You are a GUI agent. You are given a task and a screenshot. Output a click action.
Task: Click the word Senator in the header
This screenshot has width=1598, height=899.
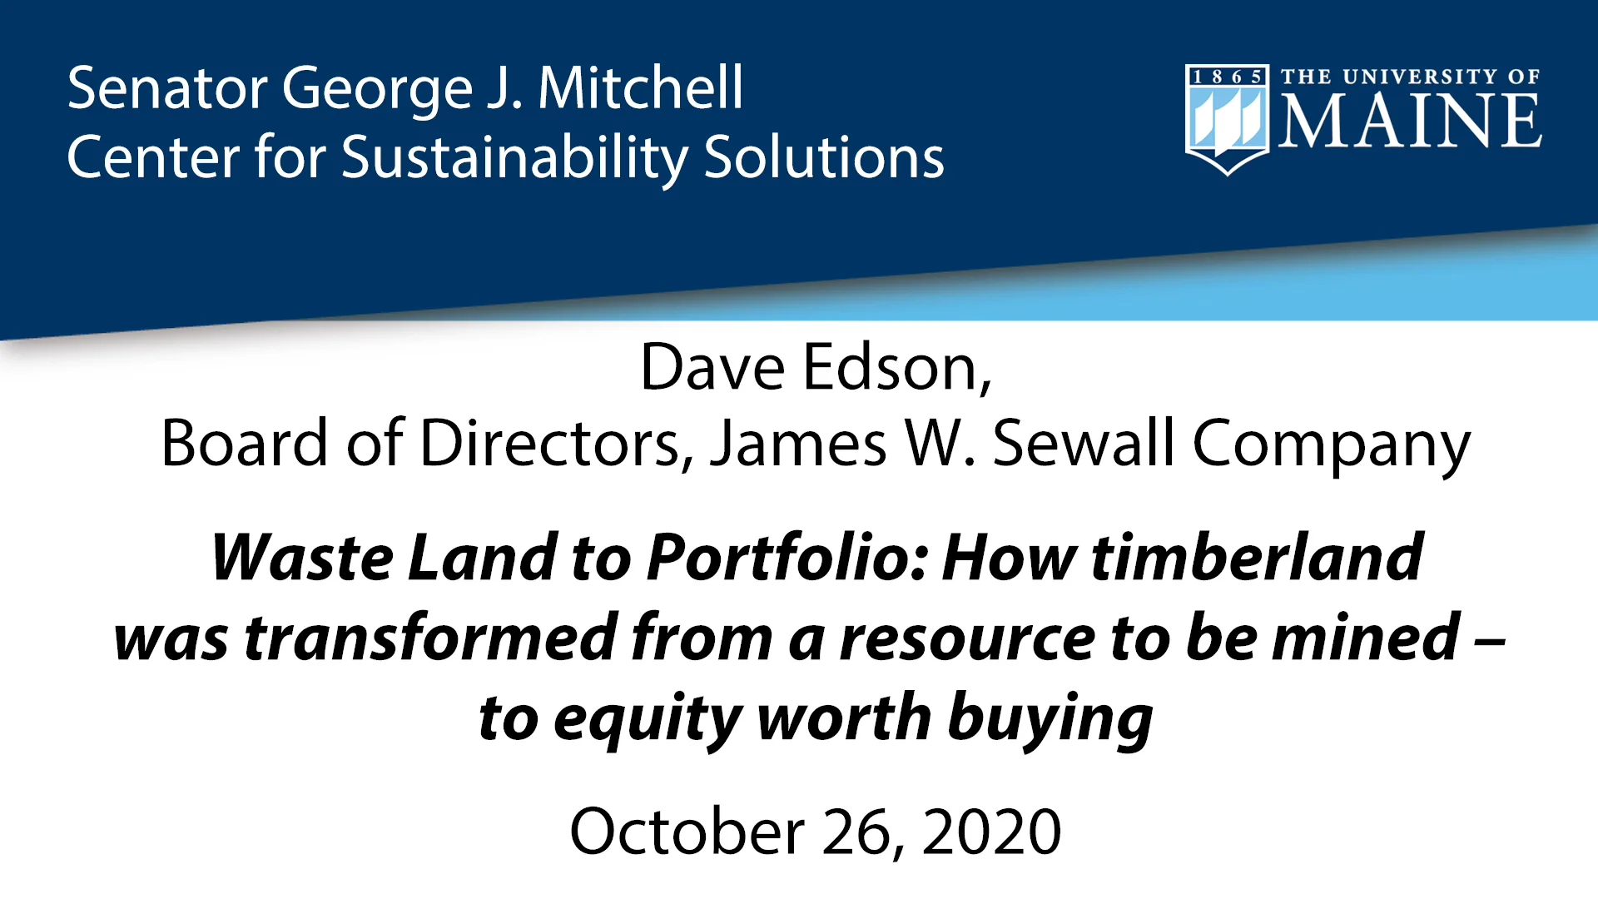click(166, 88)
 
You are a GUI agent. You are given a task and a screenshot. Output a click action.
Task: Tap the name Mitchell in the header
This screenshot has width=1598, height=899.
click(640, 88)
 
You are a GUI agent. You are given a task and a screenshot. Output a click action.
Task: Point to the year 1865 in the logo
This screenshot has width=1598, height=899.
click(1227, 77)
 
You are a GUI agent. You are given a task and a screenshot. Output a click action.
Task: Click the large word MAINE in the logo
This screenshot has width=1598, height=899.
click(1410, 122)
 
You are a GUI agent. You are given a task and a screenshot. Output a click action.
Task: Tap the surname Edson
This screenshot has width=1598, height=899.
click(898, 367)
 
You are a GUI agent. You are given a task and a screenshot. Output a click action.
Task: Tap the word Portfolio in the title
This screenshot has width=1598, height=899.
click(787, 558)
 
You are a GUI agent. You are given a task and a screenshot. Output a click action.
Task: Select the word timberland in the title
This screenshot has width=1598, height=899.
click(1257, 558)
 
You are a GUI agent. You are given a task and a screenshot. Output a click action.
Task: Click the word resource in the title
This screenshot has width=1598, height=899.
click(966, 638)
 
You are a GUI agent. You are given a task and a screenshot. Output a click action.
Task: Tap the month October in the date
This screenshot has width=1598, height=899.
click(687, 832)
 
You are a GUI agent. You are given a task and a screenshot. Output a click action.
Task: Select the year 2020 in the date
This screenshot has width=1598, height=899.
click(991, 832)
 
